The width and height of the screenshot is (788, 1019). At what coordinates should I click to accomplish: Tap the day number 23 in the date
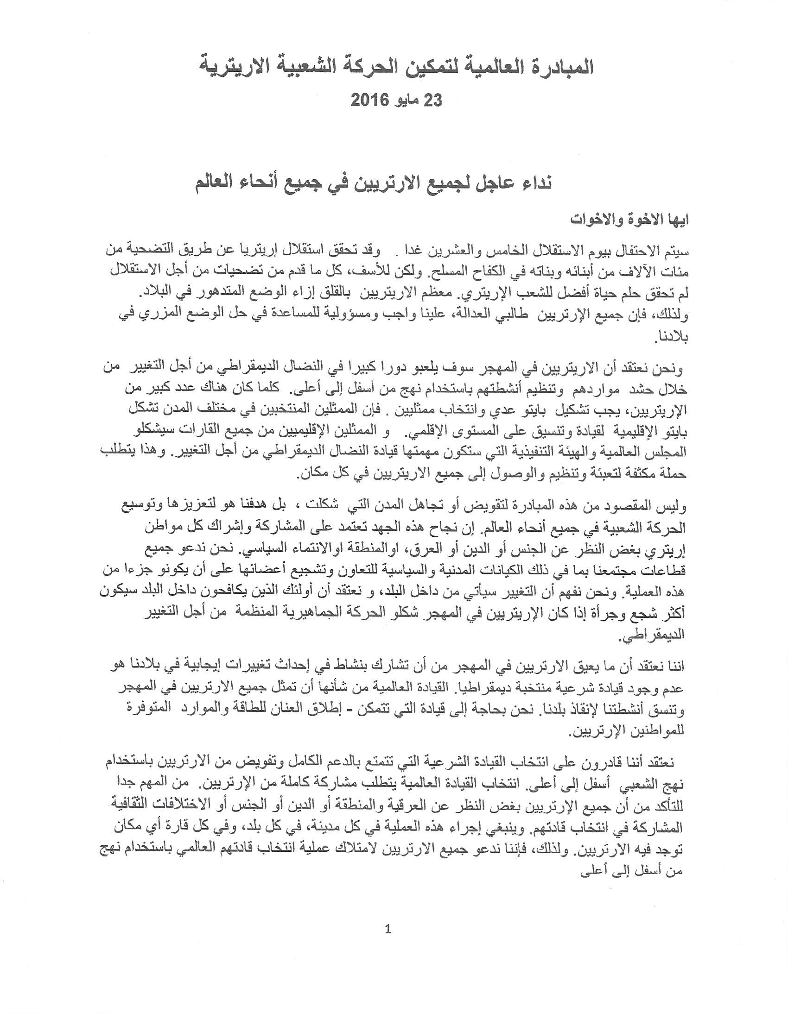(432, 100)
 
